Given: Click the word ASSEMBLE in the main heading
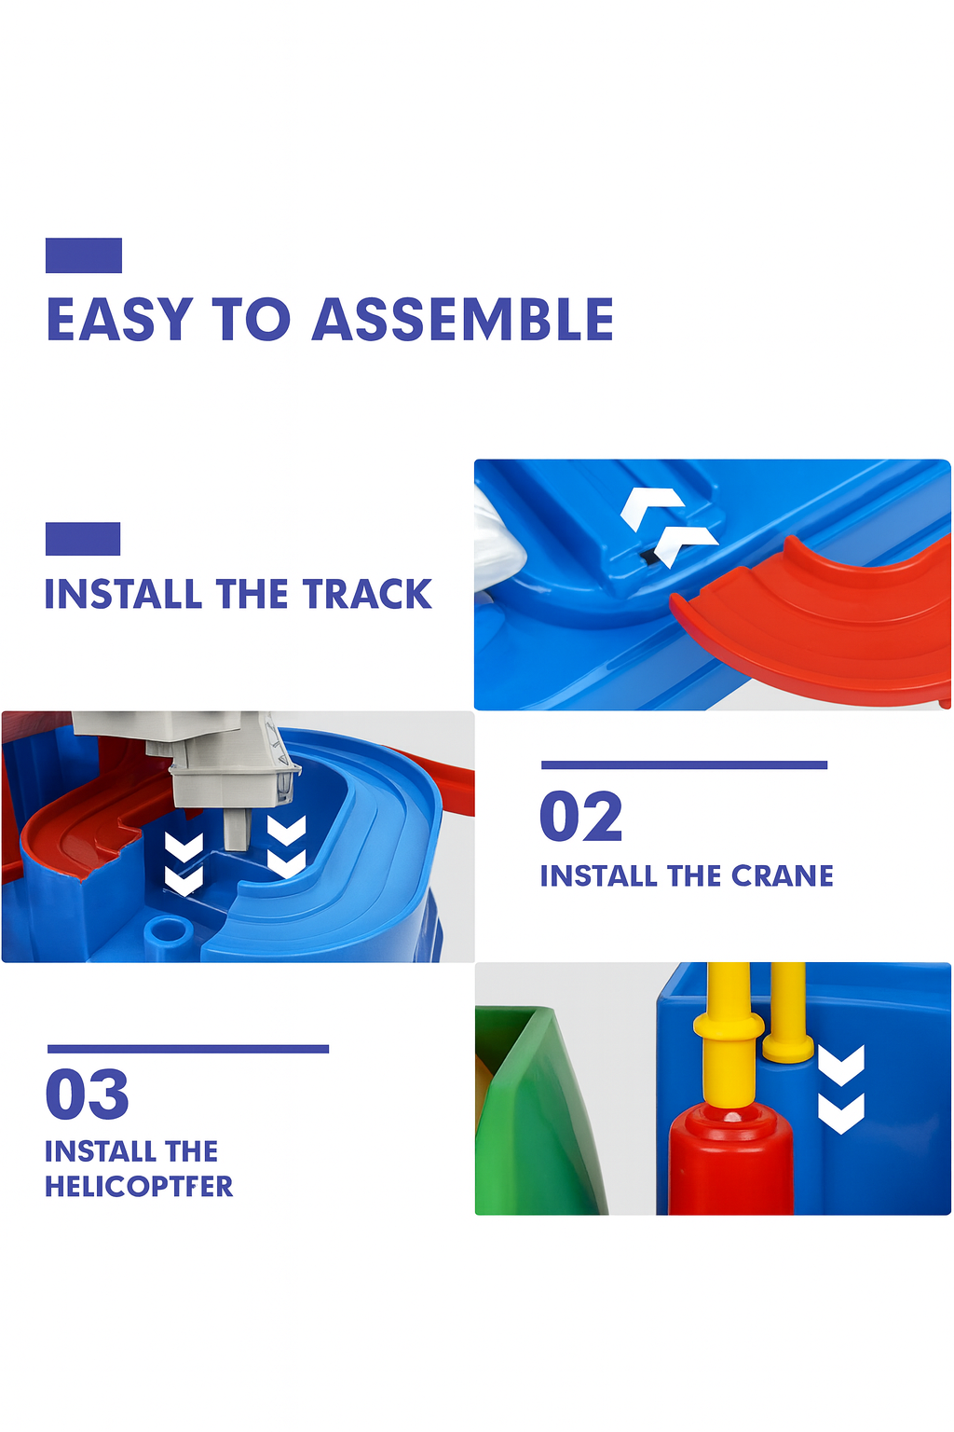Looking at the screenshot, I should [x=462, y=320].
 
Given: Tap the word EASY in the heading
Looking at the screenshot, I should [x=119, y=320].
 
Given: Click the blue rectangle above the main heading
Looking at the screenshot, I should [x=84, y=255].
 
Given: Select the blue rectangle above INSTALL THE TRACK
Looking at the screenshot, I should [x=83, y=539].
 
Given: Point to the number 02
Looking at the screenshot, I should [x=580, y=817].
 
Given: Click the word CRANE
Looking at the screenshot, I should [x=782, y=876].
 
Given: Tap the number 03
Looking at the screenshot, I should [x=88, y=1095].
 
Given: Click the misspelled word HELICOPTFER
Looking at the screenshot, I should [x=139, y=1187].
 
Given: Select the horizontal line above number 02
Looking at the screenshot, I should [x=684, y=765].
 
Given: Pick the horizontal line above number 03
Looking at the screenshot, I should [x=187, y=1049].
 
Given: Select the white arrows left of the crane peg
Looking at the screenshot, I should [x=184, y=861].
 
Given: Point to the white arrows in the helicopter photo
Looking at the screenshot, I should [x=840, y=1089].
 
